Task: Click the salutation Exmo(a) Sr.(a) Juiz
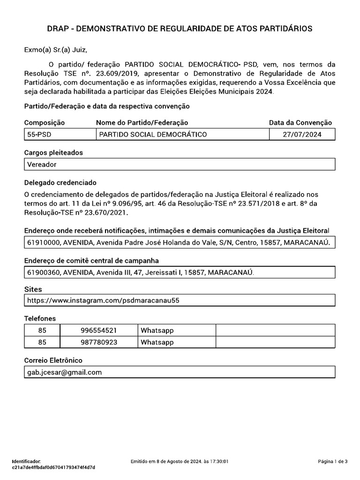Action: point(56,50)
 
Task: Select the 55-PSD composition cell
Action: point(39,135)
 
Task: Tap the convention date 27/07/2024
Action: point(302,135)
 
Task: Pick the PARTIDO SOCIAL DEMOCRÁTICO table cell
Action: point(153,135)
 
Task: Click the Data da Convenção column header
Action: point(300,122)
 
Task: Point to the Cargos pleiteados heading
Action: point(53,153)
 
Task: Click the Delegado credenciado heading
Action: point(60,182)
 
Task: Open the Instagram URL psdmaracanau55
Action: point(103,300)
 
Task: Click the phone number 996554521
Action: point(99,330)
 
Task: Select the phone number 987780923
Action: point(99,342)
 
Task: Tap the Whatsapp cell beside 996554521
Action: point(157,330)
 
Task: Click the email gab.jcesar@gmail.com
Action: point(65,372)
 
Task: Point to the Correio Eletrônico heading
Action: point(53,360)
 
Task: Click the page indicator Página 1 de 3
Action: point(332,462)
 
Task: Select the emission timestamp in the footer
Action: point(180,462)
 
